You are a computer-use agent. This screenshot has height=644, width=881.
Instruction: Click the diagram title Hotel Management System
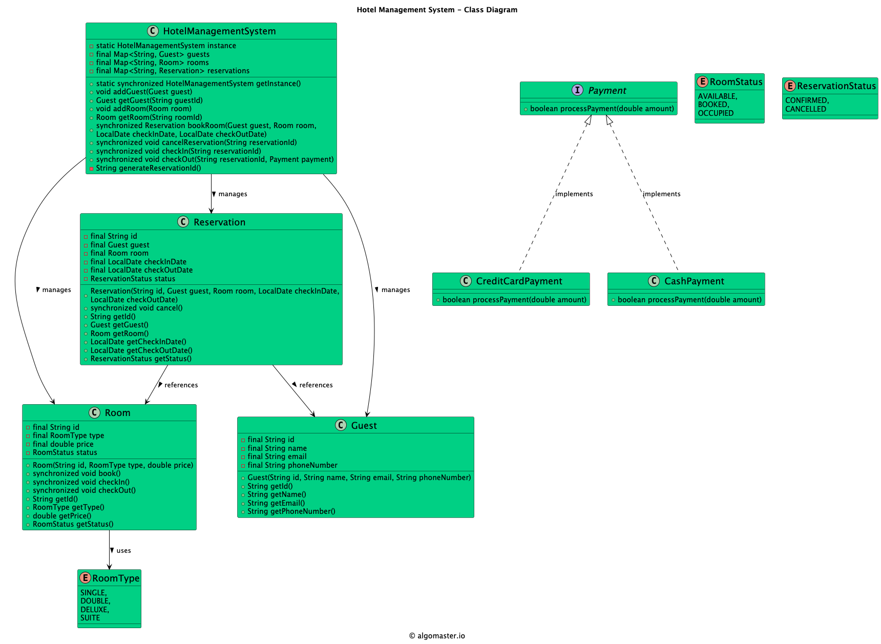(437, 10)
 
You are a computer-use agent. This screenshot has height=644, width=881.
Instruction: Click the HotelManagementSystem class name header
(219, 31)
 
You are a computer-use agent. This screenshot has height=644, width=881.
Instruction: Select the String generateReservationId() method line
(148, 168)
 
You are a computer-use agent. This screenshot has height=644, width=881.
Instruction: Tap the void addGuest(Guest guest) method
(144, 92)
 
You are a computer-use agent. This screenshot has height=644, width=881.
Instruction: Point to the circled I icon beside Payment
(577, 90)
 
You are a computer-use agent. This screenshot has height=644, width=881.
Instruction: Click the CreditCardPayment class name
(519, 281)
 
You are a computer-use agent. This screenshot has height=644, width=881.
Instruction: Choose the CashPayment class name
(694, 281)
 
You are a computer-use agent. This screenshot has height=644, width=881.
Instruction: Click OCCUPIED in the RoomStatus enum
(716, 113)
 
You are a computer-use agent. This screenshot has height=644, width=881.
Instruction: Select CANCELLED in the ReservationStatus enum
(805, 109)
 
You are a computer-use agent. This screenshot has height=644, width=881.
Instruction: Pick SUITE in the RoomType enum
(90, 618)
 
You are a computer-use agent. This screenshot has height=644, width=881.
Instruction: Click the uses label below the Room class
(123, 551)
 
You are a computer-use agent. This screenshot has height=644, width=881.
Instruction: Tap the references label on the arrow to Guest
(316, 385)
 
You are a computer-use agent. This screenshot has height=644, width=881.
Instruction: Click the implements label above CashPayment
(662, 194)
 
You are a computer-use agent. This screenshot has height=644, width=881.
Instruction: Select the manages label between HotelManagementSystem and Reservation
(233, 194)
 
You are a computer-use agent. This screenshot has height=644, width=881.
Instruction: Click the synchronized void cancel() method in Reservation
(136, 308)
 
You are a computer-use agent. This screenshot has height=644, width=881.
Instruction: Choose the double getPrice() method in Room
(62, 516)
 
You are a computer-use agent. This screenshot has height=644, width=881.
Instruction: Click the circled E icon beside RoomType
(86, 578)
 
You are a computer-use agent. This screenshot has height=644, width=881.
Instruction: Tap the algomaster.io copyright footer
(437, 636)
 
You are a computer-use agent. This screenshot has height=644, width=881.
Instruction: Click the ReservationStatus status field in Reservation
(133, 279)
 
